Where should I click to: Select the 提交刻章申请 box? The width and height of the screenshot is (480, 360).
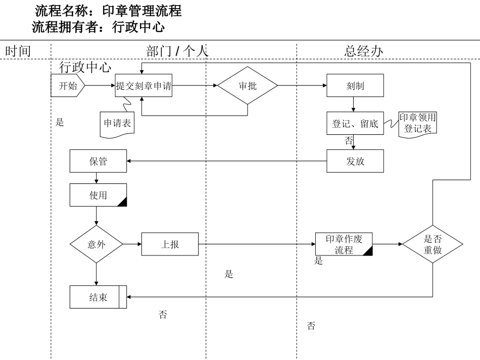pyautogui.click(x=144, y=86)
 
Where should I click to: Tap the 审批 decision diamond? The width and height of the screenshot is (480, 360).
pyautogui.click(x=248, y=86)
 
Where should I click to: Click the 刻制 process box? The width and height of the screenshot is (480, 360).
pyautogui.click(x=355, y=86)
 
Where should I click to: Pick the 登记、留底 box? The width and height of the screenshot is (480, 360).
pyautogui.click(x=355, y=124)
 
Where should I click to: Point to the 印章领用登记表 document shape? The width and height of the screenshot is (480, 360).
pyautogui.click(x=418, y=123)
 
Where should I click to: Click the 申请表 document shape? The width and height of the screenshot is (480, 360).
pyautogui.click(x=117, y=123)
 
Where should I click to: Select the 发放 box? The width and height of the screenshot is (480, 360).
pyautogui.click(x=355, y=162)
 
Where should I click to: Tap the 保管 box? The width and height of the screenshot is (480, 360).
pyautogui.click(x=98, y=162)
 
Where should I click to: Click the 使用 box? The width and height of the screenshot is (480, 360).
pyautogui.click(x=98, y=195)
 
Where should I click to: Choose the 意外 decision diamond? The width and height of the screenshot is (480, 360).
pyautogui.click(x=96, y=244)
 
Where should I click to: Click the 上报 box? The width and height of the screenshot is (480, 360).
pyautogui.click(x=170, y=244)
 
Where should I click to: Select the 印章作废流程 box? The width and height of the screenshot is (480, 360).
pyautogui.click(x=344, y=244)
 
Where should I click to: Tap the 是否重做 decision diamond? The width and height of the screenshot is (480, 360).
pyautogui.click(x=433, y=244)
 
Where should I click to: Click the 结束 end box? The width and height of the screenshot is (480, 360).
pyautogui.click(x=98, y=297)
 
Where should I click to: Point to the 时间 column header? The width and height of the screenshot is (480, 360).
pyautogui.click(x=18, y=51)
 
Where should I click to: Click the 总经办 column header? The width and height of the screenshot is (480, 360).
pyautogui.click(x=364, y=51)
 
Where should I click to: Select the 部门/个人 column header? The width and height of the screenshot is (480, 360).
pyautogui.click(x=177, y=51)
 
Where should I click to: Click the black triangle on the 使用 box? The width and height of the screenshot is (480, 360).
pyautogui.click(x=122, y=202)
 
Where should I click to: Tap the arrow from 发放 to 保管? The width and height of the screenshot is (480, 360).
pyautogui.click(x=227, y=162)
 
